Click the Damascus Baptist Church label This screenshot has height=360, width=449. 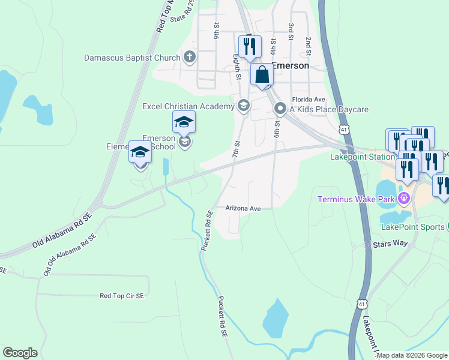click(x=132, y=58)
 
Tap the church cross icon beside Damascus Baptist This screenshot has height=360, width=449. click(x=190, y=58)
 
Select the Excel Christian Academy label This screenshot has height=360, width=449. click(x=188, y=107)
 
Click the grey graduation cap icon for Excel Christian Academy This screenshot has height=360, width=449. click(x=243, y=107)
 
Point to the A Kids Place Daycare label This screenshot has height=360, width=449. click(x=329, y=109)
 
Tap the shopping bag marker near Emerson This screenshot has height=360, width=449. click(x=262, y=76)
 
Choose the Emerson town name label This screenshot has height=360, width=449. click(x=291, y=66)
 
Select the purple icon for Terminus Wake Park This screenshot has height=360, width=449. click(x=404, y=197)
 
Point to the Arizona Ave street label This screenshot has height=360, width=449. click(x=243, y=209)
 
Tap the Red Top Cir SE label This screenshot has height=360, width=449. click(x=122, y=296)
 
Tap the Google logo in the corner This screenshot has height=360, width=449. click(x=20, y=353)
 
